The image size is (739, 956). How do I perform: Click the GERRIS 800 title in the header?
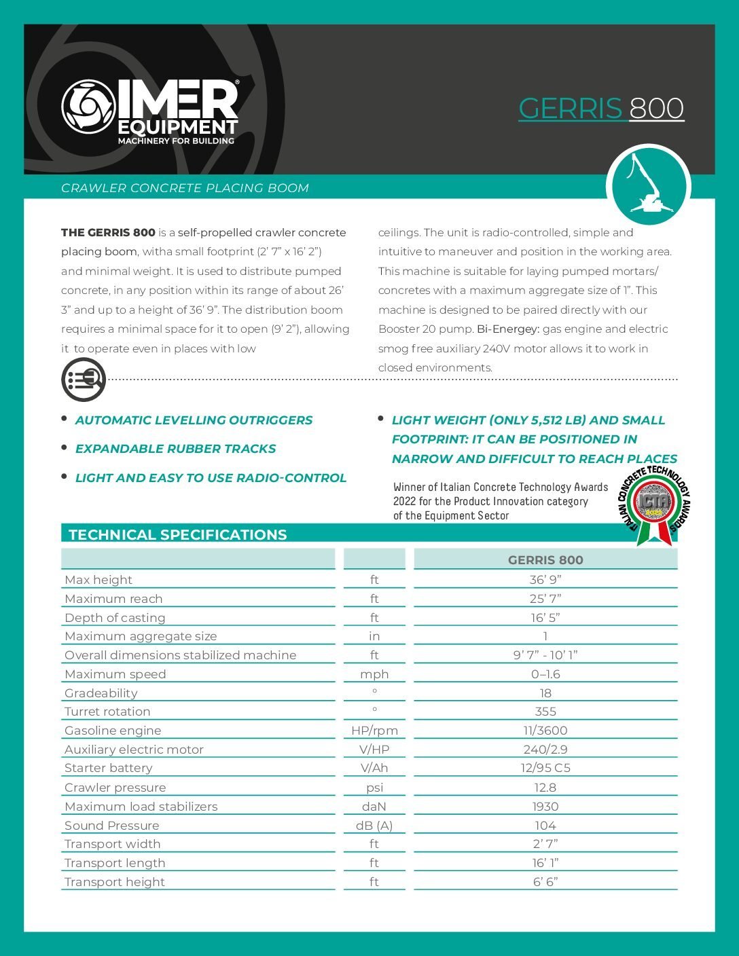point(601,109)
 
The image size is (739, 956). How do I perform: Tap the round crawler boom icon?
point(647,185)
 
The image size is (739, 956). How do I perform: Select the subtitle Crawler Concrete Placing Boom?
point(185,188)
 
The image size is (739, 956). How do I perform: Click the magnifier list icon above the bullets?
point(84,379)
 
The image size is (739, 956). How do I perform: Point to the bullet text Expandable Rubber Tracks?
point(175,449)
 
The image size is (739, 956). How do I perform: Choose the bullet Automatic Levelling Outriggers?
point(194,420)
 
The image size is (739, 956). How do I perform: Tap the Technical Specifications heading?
point(178,534)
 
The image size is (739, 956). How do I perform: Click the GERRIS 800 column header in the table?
point(545,560)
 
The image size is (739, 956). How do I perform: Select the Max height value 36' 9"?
point(545,580)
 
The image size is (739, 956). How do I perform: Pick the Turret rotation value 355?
point(545,712)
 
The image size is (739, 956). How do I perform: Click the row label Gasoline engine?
point(113,731)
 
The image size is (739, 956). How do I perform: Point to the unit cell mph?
point(374,674)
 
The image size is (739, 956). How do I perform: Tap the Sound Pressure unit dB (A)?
point(374,826)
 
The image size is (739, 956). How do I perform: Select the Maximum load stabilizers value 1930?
point(545,807)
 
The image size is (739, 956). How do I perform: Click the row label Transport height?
point(115,882)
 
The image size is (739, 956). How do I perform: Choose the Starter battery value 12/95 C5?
point(545,768)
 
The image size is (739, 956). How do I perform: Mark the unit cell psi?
point(374,788)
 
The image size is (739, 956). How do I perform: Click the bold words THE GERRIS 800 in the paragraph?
point(108,232)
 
